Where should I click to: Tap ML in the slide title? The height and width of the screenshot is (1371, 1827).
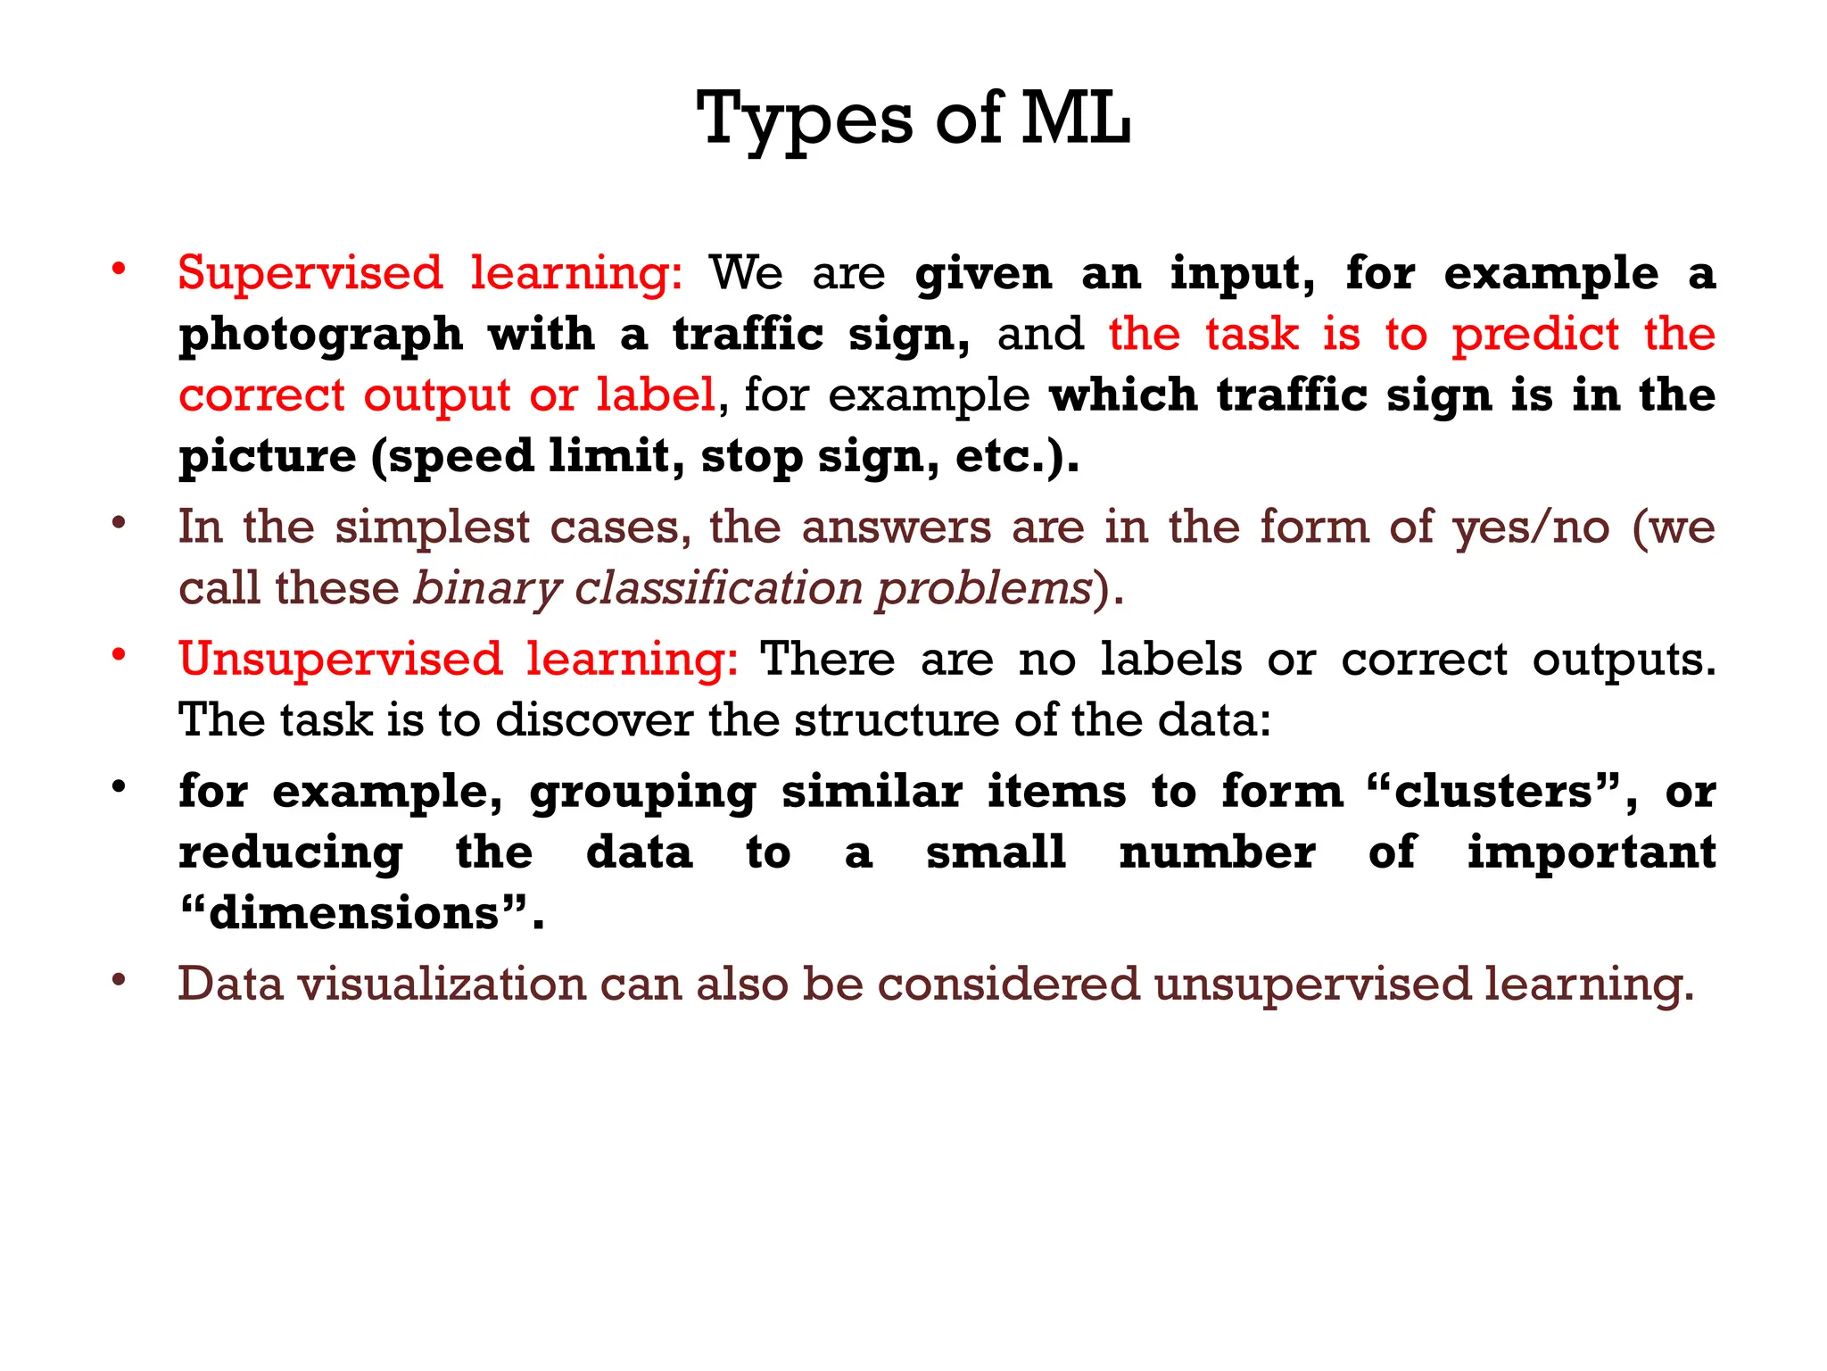[1076, 119]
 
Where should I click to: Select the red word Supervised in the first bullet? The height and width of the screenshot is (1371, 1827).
[310, 272]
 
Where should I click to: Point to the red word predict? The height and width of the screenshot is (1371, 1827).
[1535, 336]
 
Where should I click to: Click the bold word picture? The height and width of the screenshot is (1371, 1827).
[268, 457]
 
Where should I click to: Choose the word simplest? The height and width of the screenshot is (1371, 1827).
[432, 528]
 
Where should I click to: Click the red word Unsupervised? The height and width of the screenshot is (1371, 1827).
[341, 659]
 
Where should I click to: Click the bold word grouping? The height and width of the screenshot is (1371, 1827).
[643, 793]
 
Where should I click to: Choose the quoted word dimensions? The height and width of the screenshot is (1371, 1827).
[354, 913]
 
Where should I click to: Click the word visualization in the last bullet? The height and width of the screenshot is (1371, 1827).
[442, 984]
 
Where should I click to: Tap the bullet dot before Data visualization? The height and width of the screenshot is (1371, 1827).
[118, 980]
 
